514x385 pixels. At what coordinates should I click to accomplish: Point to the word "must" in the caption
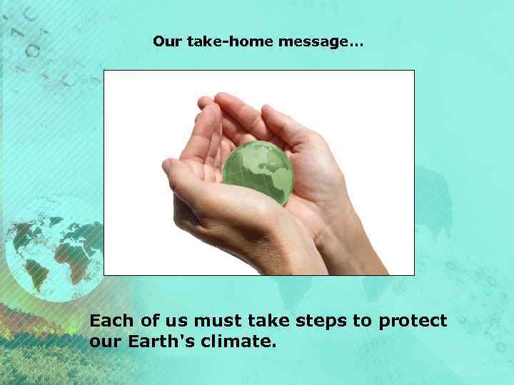[x=210, y=321]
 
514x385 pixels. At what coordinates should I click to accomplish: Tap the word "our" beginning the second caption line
[x=106, y=342]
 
